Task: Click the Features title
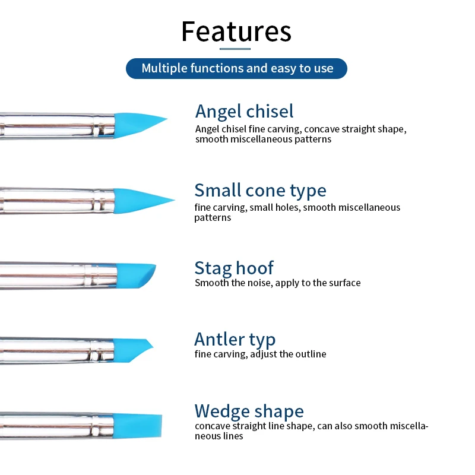pyautogui.click(x=236, y=31)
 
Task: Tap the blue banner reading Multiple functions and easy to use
pyautogui.click(x=236, y=68)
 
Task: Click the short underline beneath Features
pyautogui.click(x=235, y=49)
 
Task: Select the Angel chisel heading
pyautogui.click(x=244, y=111)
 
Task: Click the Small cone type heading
pyautogui.click(x=260, y=191)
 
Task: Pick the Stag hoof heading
pyautogui.click(x=234, y=268)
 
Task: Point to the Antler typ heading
pyautogui.click(x=235, y=339)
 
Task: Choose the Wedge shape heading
pyautogui.click(x=249, y=411)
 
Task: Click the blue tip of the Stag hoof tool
pyautogui.click(x=135, y=275)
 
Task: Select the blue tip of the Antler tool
pyautogui.click(x=132, y=349)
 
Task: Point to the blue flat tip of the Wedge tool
pyautogui.click(x=138, y=425)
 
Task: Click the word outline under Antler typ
pyautogui.click(x=311, y=354)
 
